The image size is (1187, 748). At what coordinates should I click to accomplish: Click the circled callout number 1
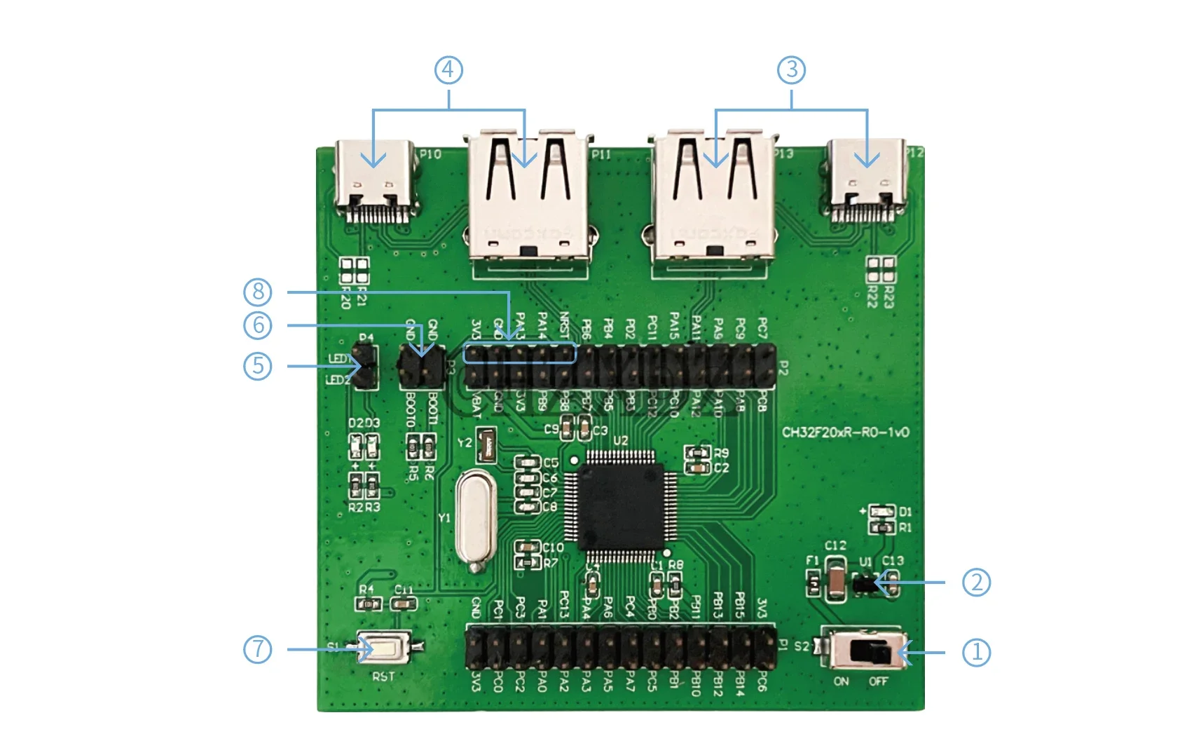coord(976,653)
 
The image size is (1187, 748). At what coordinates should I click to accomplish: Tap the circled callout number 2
coord(976,583)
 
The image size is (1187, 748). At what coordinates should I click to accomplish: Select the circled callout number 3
coord(791,70)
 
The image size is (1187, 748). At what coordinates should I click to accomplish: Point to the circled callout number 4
coord(448,70)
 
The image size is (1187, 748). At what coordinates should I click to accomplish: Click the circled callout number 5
coord(257,366)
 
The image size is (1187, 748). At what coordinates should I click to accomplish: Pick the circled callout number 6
coord(257,325)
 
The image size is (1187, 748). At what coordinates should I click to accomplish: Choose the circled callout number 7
coord(257,649)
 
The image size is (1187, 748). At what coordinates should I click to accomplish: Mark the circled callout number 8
coord(257,291)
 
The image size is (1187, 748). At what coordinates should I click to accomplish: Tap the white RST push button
coord(384,648)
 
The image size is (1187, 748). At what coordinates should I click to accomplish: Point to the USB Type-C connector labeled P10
coord(377,181)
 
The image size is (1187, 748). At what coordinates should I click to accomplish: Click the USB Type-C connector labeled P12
coord(867,181)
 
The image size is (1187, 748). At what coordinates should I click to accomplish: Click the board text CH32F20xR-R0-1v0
coord(845,432)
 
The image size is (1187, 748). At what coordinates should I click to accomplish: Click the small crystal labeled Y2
coord(486,446)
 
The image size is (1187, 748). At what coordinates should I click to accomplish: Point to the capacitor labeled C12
coord(835,579)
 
